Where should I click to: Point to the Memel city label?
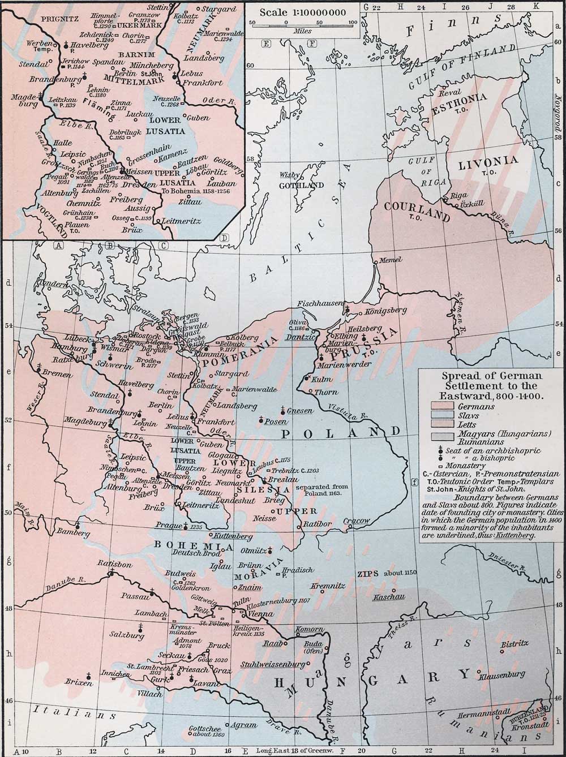pyautogui.click(x=390, y=260)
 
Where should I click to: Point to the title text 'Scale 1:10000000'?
pyautogui.click(x=303, y=11)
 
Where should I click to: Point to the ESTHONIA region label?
pyautogui.click(x=458, y=97)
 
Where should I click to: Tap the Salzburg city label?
pyautogui.click(x=127, y=635)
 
